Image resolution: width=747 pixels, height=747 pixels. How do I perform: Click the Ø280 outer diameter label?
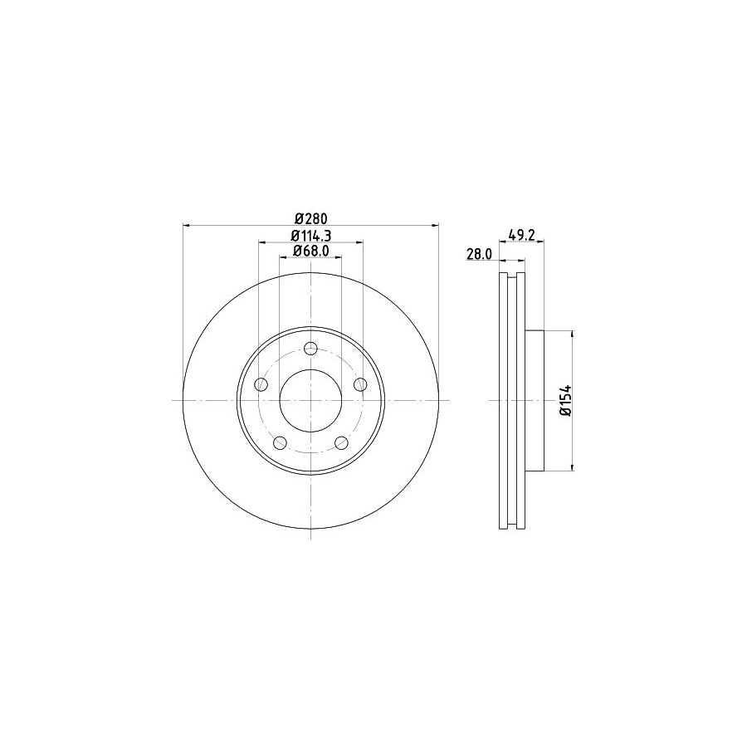[310, 218]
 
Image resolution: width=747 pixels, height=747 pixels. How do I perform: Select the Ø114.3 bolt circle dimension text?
[310, 236]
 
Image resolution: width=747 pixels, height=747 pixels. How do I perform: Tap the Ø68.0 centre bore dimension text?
[310, 251]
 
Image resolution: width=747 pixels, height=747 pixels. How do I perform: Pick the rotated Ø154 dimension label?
[564, 400]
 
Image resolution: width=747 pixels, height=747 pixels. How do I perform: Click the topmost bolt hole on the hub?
[310, 348]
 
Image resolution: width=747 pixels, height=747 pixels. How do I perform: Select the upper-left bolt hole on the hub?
[261, 384]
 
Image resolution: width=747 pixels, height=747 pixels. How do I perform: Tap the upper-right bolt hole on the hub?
[360, 384]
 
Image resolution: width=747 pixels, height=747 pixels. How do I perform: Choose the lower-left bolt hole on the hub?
[280, 442]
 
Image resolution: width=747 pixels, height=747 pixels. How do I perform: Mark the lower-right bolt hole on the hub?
[341, 442]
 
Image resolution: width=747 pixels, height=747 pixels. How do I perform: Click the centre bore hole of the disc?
[310, 400]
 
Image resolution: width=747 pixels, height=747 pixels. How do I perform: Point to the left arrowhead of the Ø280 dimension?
[186, 225]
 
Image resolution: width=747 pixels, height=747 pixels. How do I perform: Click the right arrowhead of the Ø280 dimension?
[435, 225]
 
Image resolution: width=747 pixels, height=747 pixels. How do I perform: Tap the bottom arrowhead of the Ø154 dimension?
[573, 467]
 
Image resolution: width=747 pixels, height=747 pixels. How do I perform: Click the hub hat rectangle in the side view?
[534, 400]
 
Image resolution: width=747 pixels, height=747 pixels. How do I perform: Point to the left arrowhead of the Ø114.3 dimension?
[262, 242]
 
